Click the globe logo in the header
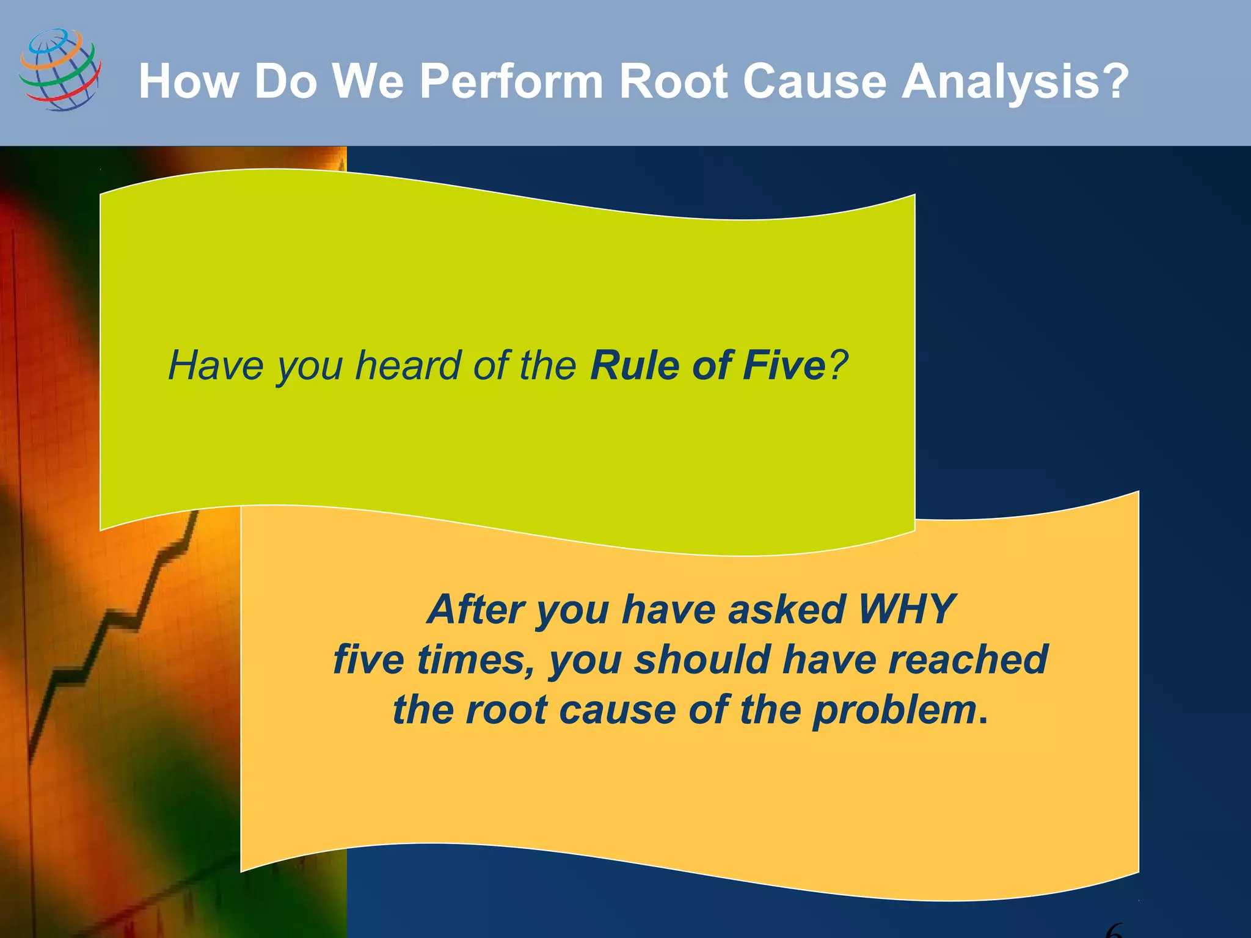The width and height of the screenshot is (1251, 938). (x=60, y=70)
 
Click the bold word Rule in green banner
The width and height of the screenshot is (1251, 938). (x=634, y=365)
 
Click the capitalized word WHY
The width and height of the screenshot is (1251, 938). (x=906, y=609)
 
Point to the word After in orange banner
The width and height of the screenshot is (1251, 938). (x=475, y=609)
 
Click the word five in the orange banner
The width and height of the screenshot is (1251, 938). (x=368, y=660)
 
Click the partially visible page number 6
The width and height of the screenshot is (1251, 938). (x=1115, y=931)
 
